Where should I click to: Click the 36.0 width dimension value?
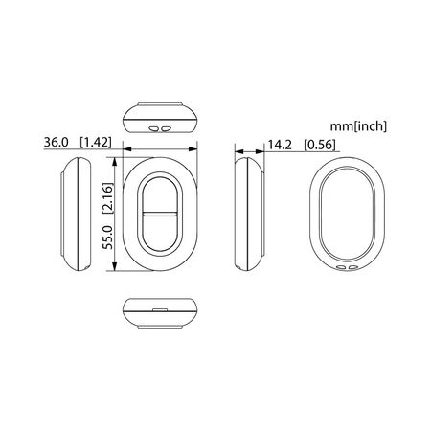click(x=57, y=143)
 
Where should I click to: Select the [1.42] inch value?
click(x=96, y=143)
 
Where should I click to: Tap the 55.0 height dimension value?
click(x=108, y=238)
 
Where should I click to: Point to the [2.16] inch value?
click(x=108, y=198)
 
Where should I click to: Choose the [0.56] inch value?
click(x=320, y=145)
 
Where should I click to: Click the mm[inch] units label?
click(x=358, y=126)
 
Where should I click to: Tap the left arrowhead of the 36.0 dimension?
click(x=127, y=149)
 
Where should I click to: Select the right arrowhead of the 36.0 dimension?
click(x=193, y=149)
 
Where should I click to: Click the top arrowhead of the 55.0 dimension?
click(x=115, y=162)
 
